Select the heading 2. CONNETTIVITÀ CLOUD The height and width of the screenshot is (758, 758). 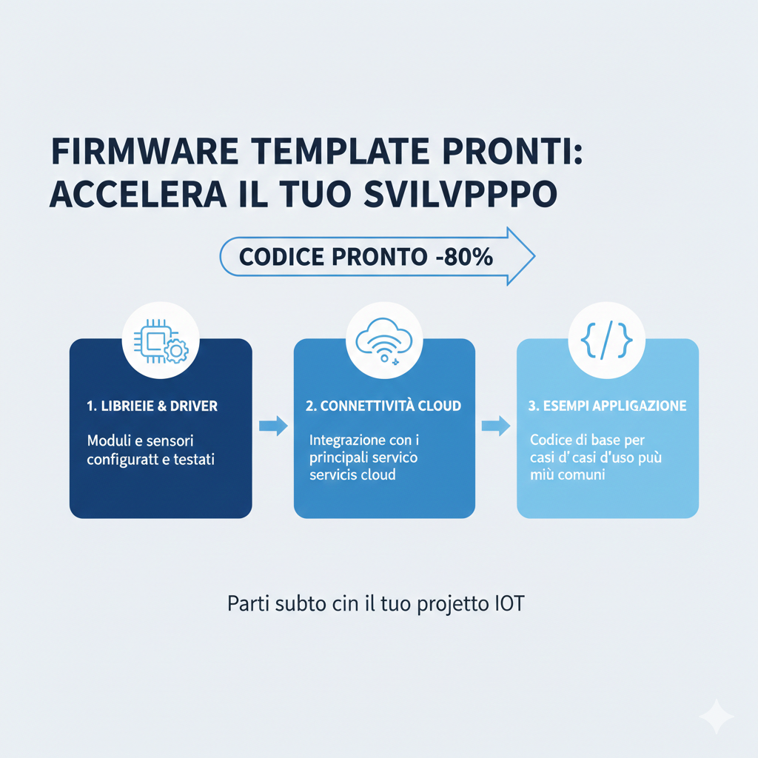click(x=383, y=406)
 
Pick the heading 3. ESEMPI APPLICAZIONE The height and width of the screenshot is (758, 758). click(x=608, y=406)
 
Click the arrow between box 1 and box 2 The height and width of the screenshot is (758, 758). click(x=273, y=425)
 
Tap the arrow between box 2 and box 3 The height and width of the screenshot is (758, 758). click(x=496, y=426)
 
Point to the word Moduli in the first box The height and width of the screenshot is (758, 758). click(x=109, y=441)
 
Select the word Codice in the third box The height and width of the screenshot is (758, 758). click(x=551, y=440)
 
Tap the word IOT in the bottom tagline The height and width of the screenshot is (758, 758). click(x=508, y=603)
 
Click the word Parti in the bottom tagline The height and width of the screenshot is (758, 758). click(x=245, y=603)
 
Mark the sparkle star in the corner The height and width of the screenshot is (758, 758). click(x=716, y=716)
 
